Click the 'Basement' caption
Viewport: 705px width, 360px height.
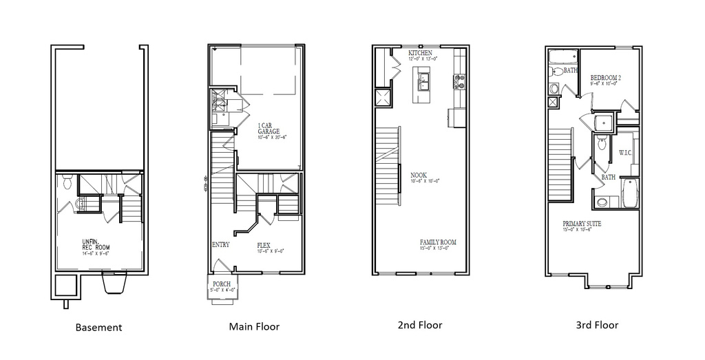pyautogui.click(x=98, y=328)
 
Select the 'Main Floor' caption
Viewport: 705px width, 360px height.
pyautogui.click(x=254, y=327)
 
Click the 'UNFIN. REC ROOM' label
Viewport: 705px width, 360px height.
pyautogui.click(x=95, y=244)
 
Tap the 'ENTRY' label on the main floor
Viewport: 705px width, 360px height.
pyautogui.click(x=220, y=244)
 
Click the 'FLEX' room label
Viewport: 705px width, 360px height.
pyautogui.click(x=264, y=244)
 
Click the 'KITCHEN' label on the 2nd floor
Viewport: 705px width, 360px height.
pyautogui.click(x=420, y=53)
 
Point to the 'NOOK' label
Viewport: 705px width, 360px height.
pyautogui.click(x=418, y=175)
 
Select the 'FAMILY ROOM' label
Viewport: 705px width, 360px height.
pyautogui.click(x=438, y=242)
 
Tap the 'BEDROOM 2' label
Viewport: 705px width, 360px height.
pyautogui.click(x=606, y=78)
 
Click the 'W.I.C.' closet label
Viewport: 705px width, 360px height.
pyautogui.click(x=625, y=152)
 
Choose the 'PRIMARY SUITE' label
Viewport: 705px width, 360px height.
pyautogui.click(x=582, y=224)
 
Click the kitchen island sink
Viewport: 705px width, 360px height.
pyautogui.click(x=424, y=85)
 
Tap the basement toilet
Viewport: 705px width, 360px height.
pyautogui.click(x=67, y=183)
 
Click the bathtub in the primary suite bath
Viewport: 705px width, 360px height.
pyautogui.click(x=631, y=194)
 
